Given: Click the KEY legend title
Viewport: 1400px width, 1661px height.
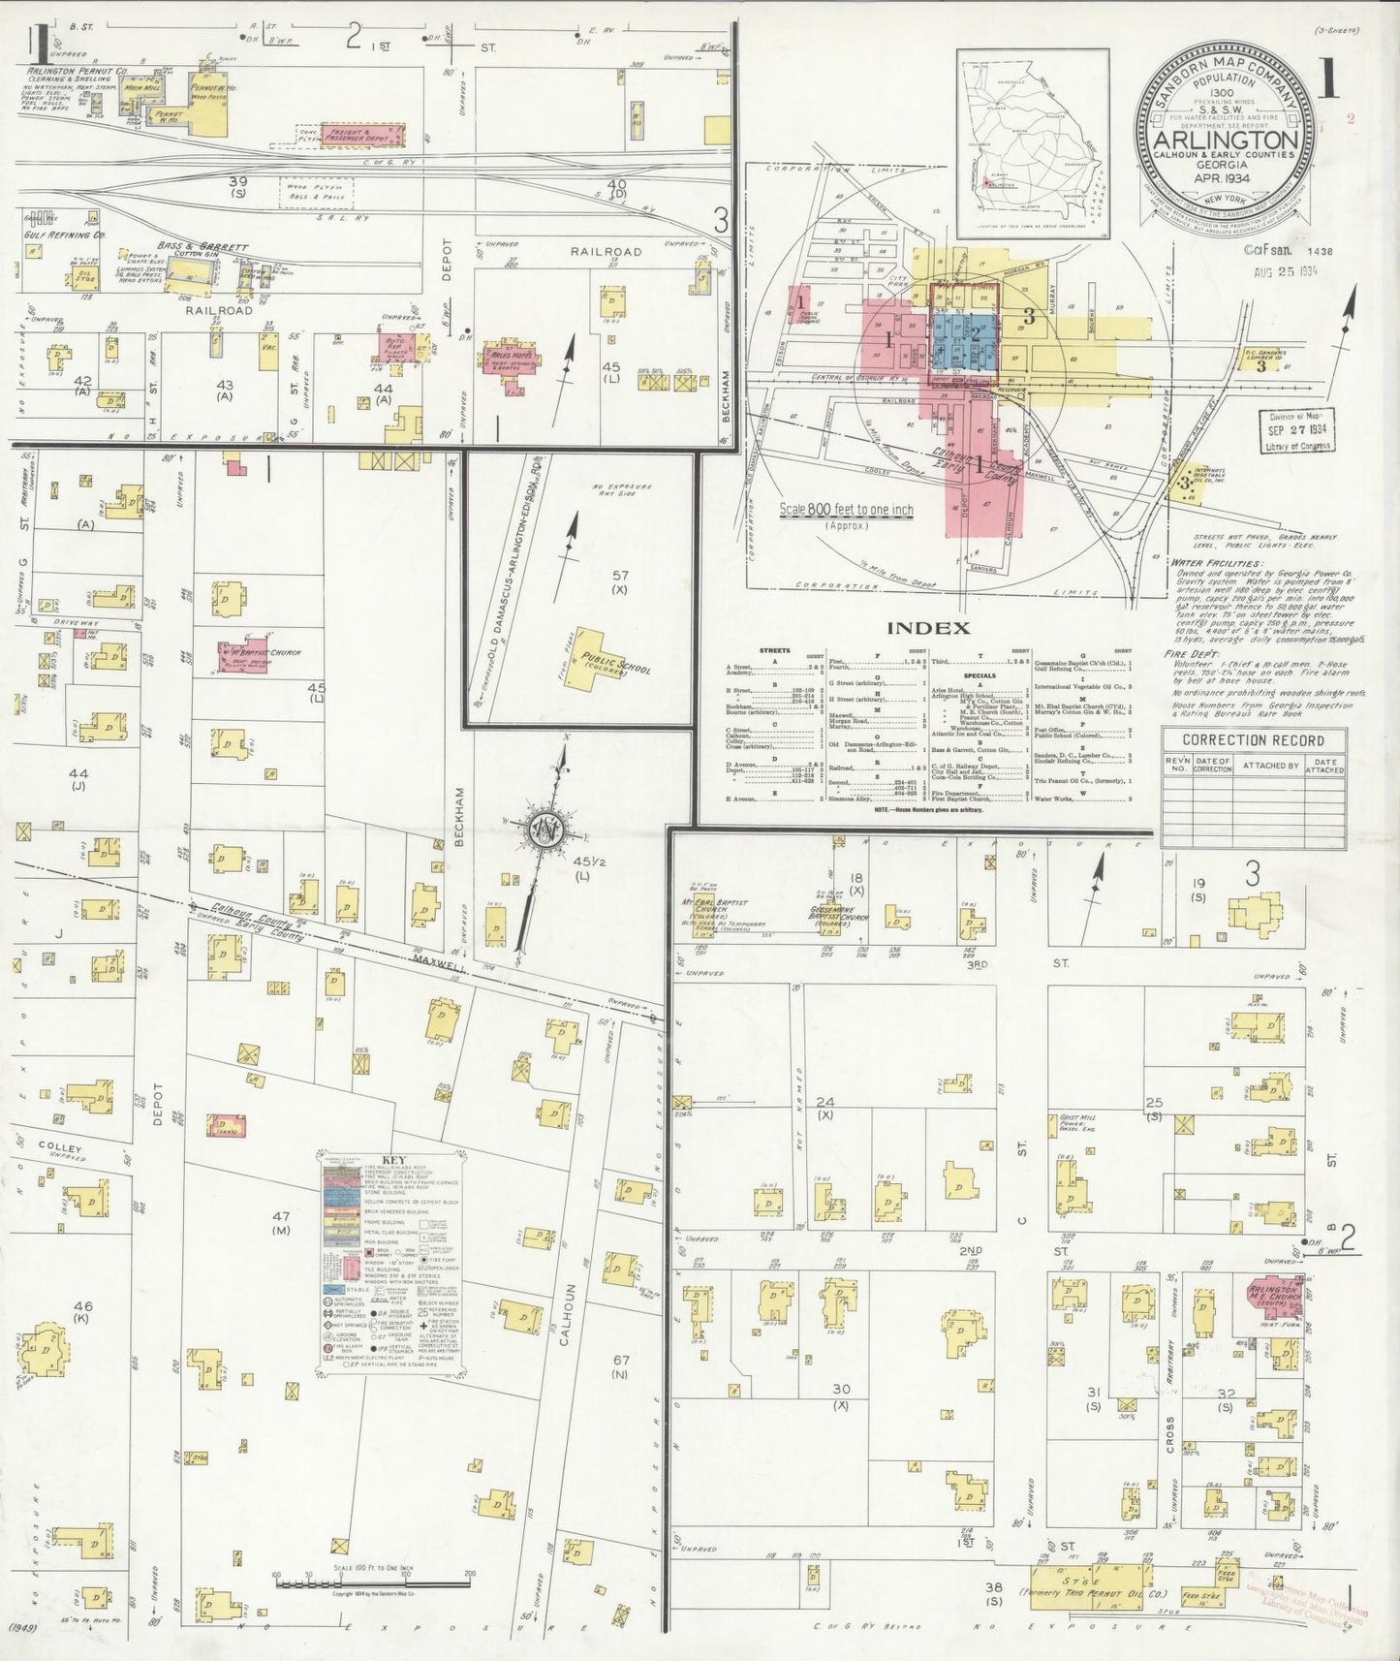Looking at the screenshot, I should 394,1160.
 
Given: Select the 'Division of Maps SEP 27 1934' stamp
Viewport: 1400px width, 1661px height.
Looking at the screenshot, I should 1297,429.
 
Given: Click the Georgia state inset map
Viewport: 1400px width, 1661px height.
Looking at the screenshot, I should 1033,142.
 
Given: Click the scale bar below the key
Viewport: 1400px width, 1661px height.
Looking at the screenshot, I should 372,1583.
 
